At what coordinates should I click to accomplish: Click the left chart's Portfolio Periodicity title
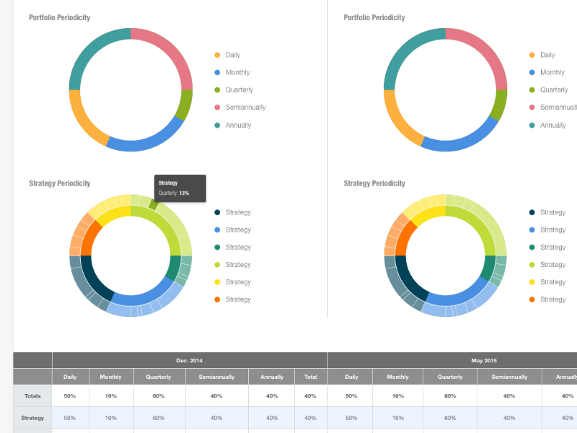(x=60, y=17)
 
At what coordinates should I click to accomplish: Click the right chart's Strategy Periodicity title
(x=374, y=183)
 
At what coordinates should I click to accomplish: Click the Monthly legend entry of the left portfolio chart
(x=237, y=72)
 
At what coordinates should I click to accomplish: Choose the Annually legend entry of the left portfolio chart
(x=238, y=125)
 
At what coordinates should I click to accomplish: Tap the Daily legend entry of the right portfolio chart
(x=547, y=55)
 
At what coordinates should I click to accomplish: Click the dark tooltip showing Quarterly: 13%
(x=180, y=188)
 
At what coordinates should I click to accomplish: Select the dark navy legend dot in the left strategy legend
(x=217, y=212)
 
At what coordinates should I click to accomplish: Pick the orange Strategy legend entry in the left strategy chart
(x=238, y=299)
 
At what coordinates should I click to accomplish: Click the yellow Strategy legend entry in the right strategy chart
(x=552, y=282)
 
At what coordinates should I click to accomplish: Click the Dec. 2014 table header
(x=190, y=360)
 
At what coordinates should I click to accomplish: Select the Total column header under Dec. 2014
(x=311, y=377)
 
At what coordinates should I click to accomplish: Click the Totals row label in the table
(x=32, y=395)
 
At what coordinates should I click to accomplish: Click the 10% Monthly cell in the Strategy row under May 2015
(x=397, y=418)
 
